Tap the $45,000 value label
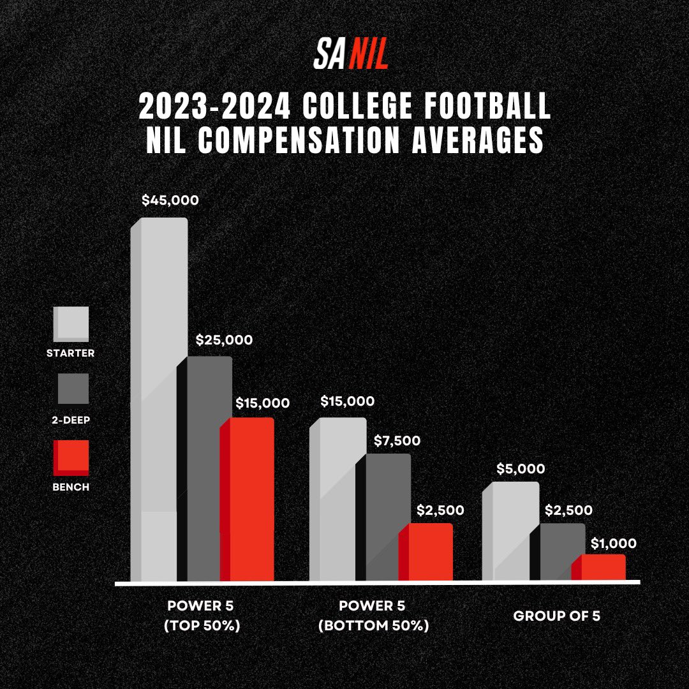(170, 200)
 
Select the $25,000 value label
(224, 340)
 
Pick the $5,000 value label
(521, 470)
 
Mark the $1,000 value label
(613, 544)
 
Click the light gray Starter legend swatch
(71, 323)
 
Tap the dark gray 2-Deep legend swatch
(71, 389)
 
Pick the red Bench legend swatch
(71, 457)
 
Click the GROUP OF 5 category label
(556, 616)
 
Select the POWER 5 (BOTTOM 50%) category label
(373, 616)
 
